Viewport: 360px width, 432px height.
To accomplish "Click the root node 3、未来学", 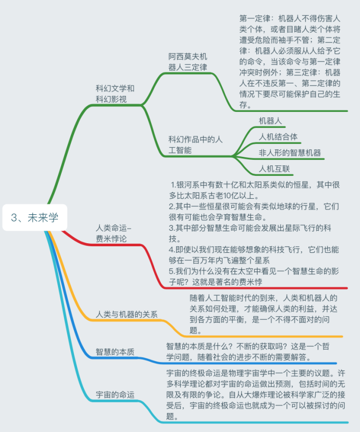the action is (34, 217).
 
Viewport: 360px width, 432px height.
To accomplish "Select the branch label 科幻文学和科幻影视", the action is (115, 94).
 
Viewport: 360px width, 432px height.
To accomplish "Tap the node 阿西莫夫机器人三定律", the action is (187, 62).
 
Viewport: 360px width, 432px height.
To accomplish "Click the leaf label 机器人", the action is (270, 120).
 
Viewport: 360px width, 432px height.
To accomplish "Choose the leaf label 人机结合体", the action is (278, 136).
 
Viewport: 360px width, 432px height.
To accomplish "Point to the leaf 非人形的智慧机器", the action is (289, 152).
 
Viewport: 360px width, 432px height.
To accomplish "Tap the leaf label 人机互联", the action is (274, 168).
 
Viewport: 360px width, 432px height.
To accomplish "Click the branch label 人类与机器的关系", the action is (126, 314).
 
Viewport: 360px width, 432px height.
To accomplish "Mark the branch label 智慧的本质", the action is (115, 352).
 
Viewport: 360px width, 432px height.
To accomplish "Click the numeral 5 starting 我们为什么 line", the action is (171, 271).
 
